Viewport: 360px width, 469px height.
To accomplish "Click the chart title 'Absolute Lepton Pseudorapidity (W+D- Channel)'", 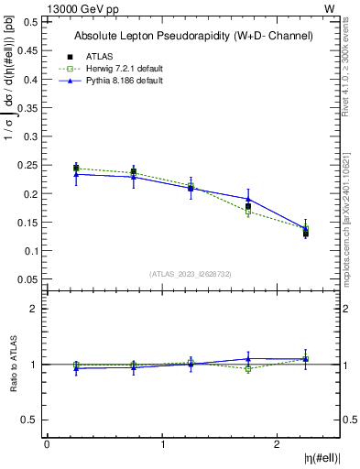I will click(194, 36).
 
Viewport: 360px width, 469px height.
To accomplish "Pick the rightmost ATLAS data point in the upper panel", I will click(306, 234).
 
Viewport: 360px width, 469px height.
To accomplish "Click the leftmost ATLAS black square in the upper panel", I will click(76, 169).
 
